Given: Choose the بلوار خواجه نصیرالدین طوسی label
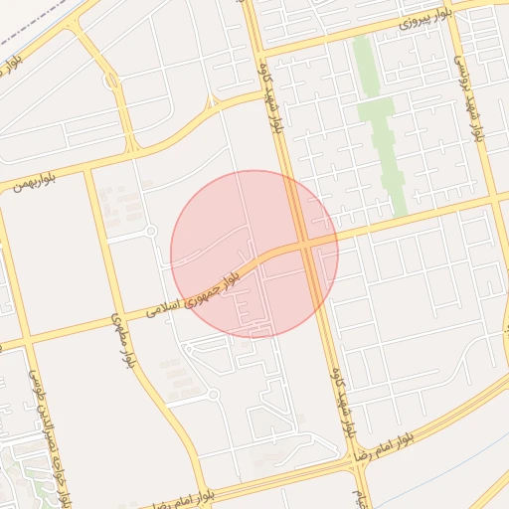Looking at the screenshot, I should coord(45,437).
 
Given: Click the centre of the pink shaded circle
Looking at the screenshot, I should coord(254,254).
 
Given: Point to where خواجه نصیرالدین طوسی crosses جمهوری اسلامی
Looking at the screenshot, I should coord(22,343).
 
